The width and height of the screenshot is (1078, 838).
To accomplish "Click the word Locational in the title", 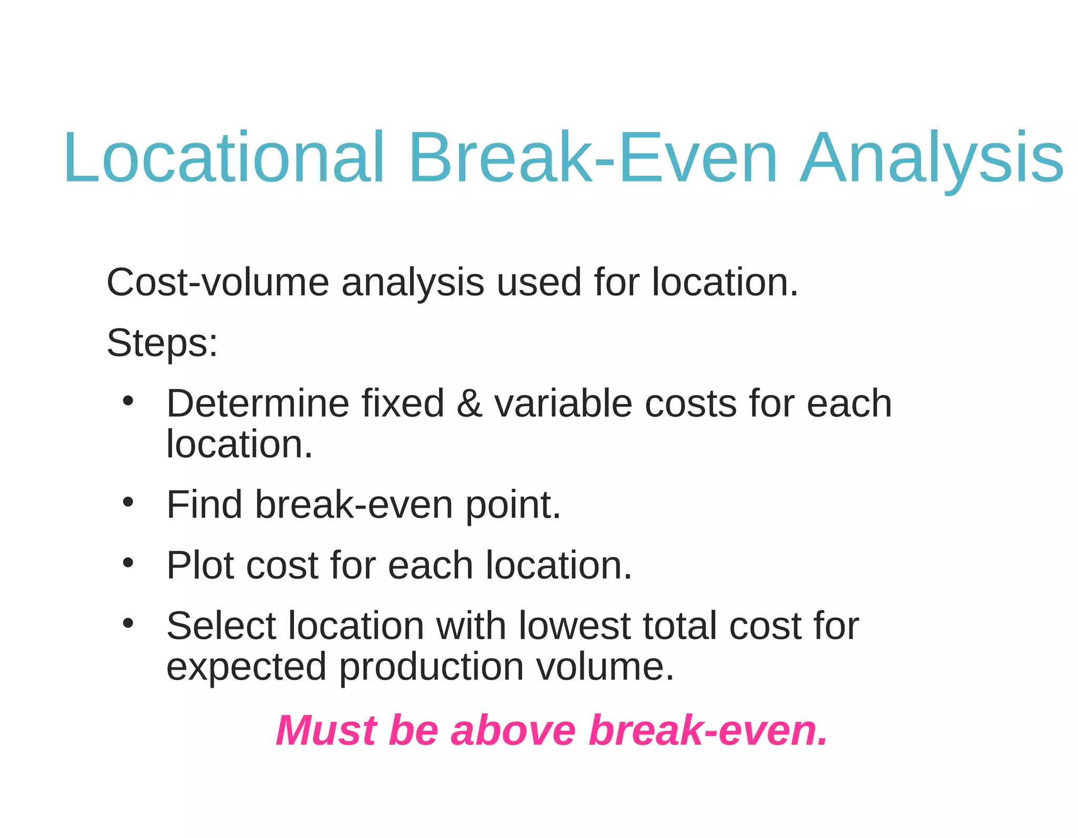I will pyautogui.click(x=224, y=158).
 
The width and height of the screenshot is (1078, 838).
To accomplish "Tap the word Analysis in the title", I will pyautogui.click(x=932, y=158).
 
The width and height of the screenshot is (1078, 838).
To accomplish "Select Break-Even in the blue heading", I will pyautogui.click(x=593, y=158).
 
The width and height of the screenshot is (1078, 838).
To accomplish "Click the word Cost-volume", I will pyautogui.click(x=217, y=282).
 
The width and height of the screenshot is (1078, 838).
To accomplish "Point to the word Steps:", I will pyautogui.click(x=162, y=343).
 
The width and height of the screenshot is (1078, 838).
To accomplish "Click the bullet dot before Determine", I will pyautogui.click(x=128, y=401).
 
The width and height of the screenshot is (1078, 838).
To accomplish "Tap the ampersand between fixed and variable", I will pyautogui.click(x=469, y=403).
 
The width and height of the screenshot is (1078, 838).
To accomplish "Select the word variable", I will pyautogui.click(x=563, y=403).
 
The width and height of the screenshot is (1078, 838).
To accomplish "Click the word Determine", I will pyautogui.click(x=258, y=403).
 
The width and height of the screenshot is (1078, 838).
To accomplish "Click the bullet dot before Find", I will pyautogui.click(x=128, y=502).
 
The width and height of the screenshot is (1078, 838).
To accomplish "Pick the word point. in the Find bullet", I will pyautogui.click(x=513, y=505).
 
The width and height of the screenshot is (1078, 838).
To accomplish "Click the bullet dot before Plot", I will pyautogui.click(x=128, y=563).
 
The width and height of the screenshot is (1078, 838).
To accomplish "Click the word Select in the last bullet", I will pyautogui.click(x=221, y=626).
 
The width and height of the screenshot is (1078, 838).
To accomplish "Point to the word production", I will pyautogui.click(x=431, y=667).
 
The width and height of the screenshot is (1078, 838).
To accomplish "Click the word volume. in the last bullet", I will pyautogui.click(x=605, y=667).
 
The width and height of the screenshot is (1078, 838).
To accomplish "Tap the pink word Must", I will pyautogui.click(x=326, y=731).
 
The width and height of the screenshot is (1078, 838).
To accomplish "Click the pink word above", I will pyautogui.click(x=513, y=731).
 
